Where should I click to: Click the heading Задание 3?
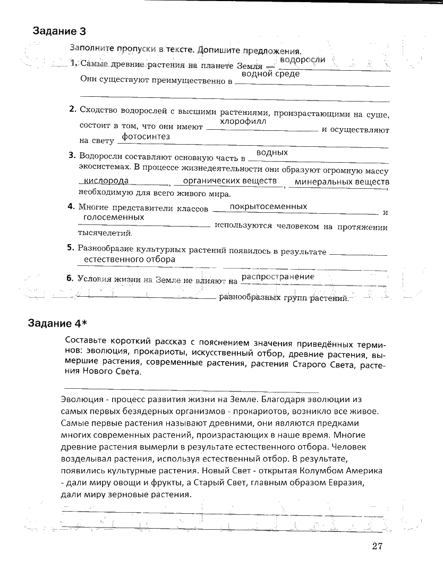[x=59, y=30]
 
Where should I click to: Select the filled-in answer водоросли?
[x=302, y=60]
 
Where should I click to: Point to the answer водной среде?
[x=270, y=74]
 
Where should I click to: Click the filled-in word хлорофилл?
[x=243, y=121]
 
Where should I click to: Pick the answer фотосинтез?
[x=146, y=137]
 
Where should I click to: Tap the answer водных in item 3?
[x=276, y=153]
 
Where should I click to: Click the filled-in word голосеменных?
[x=114, y=218]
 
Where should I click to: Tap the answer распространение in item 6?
[x=278, y=277]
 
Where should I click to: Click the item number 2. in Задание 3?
[x=73, y=110]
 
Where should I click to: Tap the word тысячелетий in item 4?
[x=105, y=233]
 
